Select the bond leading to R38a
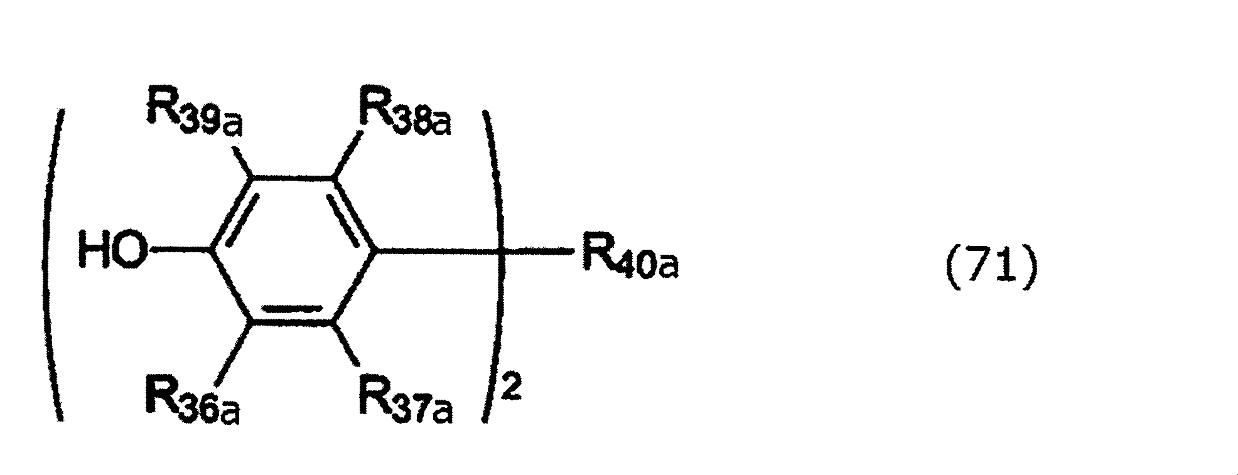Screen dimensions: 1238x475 [x=346, y=154]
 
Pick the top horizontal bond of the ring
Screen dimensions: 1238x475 [x=292, y=179]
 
